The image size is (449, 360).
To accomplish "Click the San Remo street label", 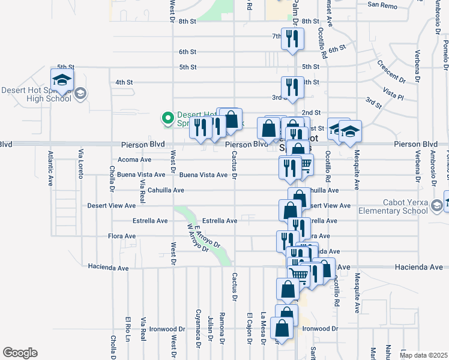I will click(x=382, y=5).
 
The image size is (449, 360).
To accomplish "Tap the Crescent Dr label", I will click(x=391, y=71).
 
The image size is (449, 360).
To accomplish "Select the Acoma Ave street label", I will click(x=134, y=160).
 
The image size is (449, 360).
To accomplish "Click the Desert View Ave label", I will click(x=112, y=205).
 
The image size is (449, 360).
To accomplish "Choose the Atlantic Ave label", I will click(x=50, y=168).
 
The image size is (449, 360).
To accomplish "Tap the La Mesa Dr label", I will click(x=263, y=329).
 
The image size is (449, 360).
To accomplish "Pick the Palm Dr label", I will click(x=295, y=10).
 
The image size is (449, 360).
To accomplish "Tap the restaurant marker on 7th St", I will click(x=292, y=40).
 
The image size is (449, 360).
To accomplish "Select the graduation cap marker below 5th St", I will click(x=62, y=79).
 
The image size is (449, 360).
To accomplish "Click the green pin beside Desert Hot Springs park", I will click(x=169, y=116).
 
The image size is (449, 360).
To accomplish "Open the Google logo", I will click(x=20, y=352).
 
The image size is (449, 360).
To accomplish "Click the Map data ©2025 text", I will click(x=423, y=355).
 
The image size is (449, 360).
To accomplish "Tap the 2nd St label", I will click(x=311, y=112).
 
